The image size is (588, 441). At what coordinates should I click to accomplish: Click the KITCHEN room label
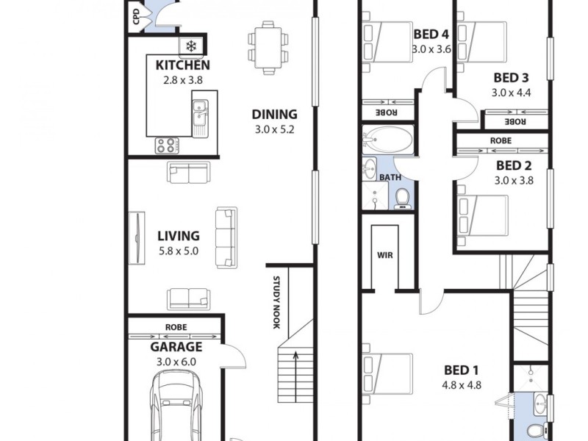(x=183, y=65)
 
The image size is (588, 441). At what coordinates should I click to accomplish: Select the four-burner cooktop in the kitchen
(x=166, y=146)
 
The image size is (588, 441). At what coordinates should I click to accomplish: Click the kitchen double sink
(x=199, y=115)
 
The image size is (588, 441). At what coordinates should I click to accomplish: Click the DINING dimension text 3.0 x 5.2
(x=274, y=130)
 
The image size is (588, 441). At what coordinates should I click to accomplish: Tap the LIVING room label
(x=179, y=236)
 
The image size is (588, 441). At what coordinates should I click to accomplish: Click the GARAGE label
(x=176, y=346)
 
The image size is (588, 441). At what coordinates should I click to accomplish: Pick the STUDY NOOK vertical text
(x=277, y=302)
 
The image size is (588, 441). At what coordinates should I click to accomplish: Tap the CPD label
(x=137, y=18)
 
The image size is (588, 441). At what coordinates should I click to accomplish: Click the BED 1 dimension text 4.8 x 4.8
(x=462, y=384)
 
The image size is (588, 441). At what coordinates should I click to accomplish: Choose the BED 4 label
(x=431, y=34)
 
